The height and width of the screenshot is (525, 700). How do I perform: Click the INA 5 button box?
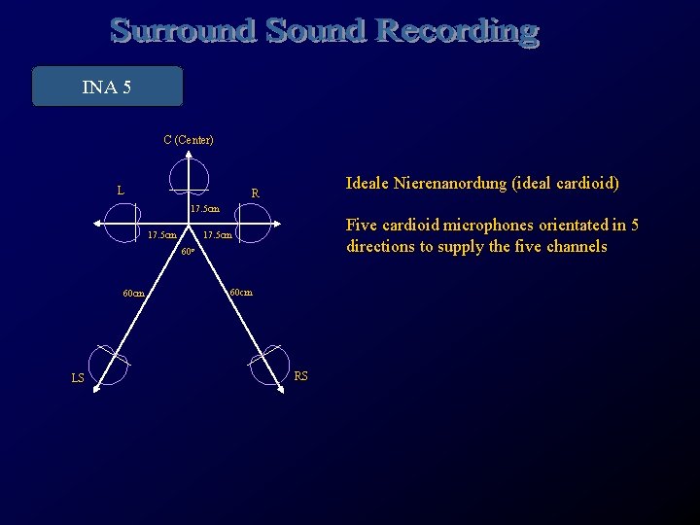107,87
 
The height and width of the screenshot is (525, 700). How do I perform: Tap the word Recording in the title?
457,31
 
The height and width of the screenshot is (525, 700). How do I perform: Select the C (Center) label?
189,140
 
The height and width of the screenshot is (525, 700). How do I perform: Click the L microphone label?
120,191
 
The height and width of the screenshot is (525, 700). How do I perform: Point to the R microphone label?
255,193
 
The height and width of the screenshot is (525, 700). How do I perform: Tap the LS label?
77,378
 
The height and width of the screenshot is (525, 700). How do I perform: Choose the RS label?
300,376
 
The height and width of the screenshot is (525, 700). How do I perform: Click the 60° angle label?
188,253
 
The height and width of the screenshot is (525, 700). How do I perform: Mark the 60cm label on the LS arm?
133,294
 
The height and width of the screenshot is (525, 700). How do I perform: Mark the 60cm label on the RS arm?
240,292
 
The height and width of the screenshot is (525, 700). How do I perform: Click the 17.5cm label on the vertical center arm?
205,209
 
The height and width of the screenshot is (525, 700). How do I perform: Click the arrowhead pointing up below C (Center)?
188,158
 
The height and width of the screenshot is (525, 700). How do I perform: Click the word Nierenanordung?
452,183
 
